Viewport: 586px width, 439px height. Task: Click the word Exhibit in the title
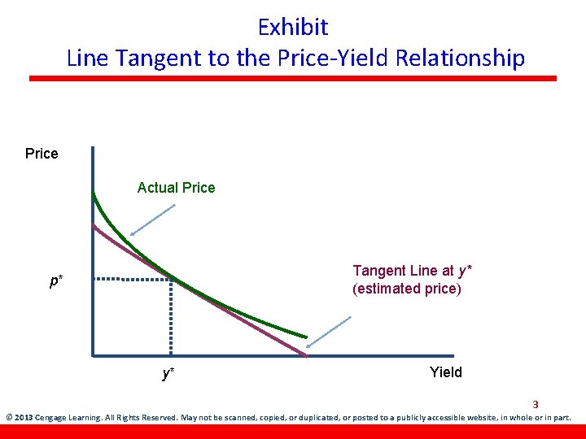click(293, 27)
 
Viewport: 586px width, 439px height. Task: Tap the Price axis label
click(42, 154)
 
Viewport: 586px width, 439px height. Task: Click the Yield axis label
click(445, 372)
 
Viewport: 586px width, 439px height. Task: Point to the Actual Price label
click(176, 188)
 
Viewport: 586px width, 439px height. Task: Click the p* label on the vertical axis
click(55, 281)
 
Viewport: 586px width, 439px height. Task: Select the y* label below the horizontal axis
click(168, 373)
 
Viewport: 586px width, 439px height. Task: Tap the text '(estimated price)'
click(406, 289)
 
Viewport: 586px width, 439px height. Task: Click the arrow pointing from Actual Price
click(153, 219)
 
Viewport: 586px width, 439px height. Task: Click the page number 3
click(536, 404)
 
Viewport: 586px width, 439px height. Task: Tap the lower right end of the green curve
click(306, 337)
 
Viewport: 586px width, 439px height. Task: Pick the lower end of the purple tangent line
click(305, 354)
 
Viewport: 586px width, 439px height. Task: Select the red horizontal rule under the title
click(293, 78)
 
